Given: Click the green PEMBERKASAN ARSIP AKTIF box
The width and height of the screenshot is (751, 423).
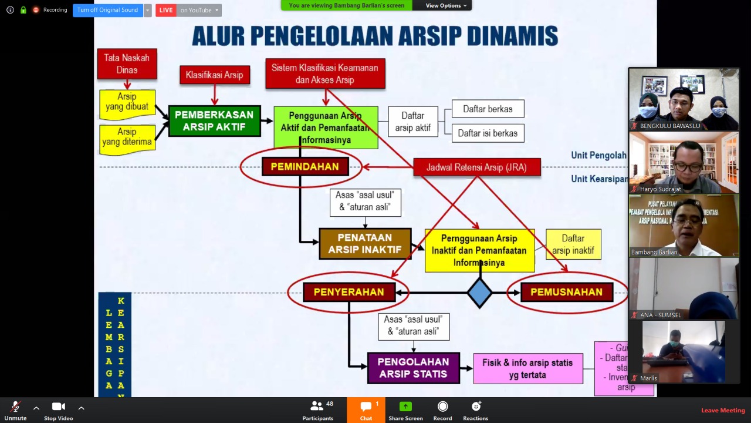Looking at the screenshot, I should click(x=214, y=121).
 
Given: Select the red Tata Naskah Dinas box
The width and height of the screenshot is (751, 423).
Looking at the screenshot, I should click(x=127, y=64).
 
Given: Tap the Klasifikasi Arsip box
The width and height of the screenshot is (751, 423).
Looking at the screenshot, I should click(x=214, y=75).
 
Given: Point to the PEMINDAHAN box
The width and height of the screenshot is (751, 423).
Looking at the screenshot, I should click(x=305, y=167).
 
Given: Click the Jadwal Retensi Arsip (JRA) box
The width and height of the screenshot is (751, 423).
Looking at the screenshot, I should click(x=476, y=167).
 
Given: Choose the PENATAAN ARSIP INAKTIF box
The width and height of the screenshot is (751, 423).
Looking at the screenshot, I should click(x=364, y=244).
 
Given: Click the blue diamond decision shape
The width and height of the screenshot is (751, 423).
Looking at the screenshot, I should click(x=479, y=293).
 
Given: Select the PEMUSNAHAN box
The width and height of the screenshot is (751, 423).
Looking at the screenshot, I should click(x=566, y=292).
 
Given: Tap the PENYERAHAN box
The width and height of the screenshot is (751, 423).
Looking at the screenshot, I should click(x=349, y=292).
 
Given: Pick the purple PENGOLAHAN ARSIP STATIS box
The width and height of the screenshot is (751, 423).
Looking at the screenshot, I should click(x=413, y=368).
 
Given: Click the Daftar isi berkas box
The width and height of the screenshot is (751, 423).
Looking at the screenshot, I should click(x=488, y=133).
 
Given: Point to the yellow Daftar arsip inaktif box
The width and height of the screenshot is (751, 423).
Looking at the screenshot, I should click(x=573, y=244).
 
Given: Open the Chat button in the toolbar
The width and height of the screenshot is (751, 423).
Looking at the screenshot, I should click(x=366, y=410).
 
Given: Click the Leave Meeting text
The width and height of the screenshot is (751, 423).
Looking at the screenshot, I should click(x=723, y=410).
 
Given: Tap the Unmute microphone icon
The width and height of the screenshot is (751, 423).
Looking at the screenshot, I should click(x=15, y=407).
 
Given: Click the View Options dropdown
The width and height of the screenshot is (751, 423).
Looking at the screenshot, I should click(x=446, y=5).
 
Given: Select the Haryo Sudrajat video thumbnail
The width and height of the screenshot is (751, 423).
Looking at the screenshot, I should click(x=684, y=163).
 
